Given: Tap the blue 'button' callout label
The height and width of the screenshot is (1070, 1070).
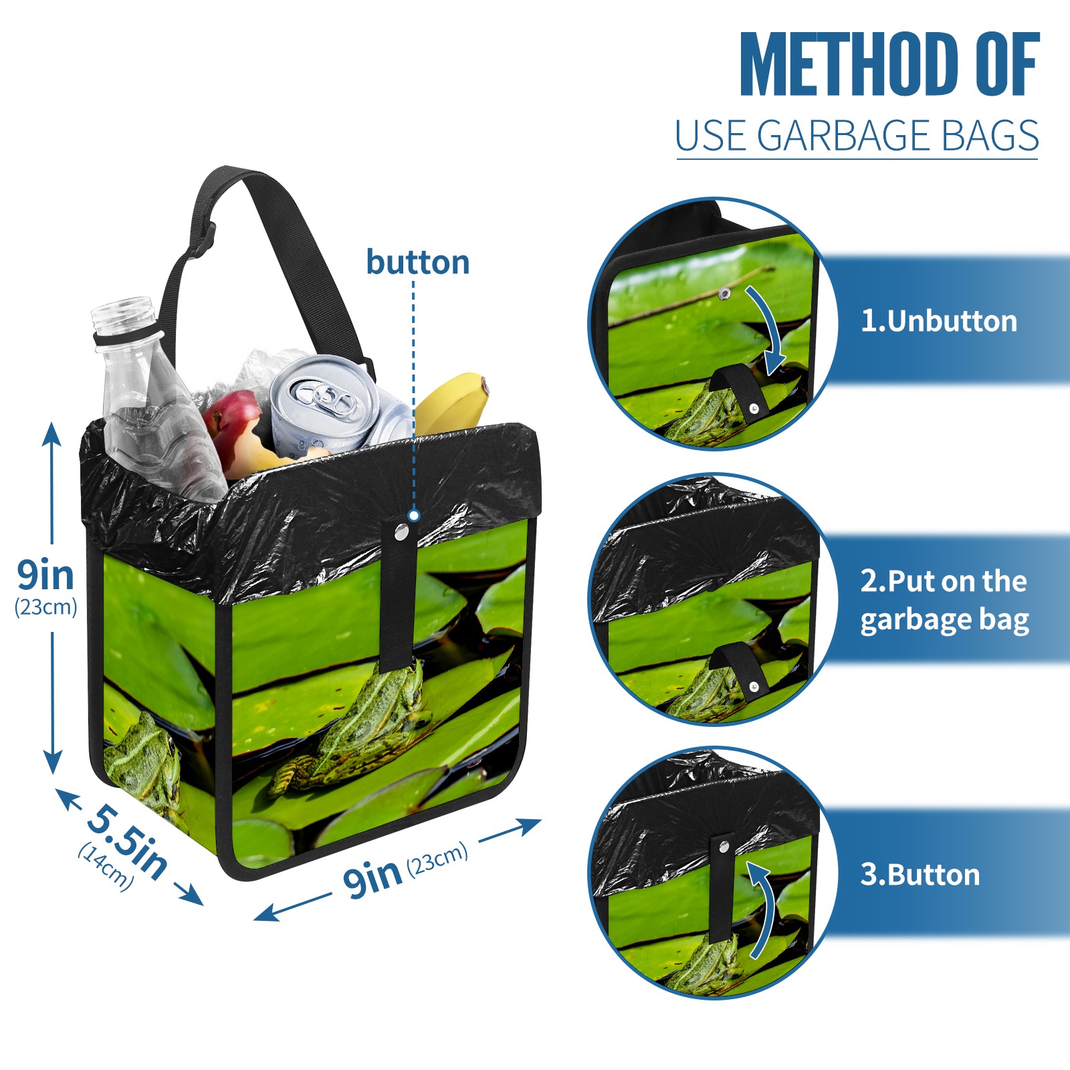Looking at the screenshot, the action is [x=418, y=262].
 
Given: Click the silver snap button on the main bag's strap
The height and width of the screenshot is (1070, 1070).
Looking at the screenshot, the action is [x=401, y=532].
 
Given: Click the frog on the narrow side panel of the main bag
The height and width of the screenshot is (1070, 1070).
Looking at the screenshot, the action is [x=144, y=762].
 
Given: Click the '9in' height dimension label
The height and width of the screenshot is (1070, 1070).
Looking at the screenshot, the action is [x=45, y=575].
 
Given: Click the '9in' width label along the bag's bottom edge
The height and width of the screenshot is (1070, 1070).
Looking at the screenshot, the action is [x=372, y=877].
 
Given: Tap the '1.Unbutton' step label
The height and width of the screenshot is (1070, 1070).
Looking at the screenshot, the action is [x=938, y=322].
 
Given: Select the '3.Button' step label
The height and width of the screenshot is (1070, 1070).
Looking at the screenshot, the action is [x=920, y=875].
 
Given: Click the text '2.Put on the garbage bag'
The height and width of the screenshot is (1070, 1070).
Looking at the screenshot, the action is [x=944, y=601].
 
